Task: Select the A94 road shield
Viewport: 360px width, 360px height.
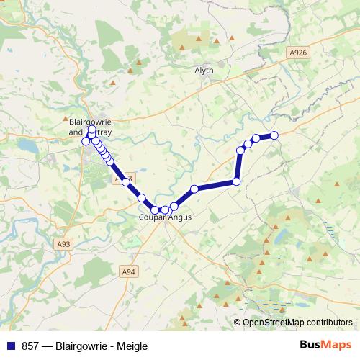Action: [x=128, y=271]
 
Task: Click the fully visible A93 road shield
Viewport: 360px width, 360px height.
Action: [x=64, y=246]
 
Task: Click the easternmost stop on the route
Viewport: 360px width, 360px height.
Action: [x=274, y=135]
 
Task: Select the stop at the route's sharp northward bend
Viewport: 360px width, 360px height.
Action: [x=236, y=181]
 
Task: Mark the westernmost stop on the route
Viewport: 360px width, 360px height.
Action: [x=86, y=141]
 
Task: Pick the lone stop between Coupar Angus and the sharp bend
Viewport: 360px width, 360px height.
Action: [x=194, y=189]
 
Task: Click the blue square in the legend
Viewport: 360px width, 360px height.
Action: [x=11, y=345]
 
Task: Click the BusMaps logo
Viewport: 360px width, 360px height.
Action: [x=325, y=345]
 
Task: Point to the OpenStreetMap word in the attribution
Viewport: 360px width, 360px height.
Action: [x=274, y=323]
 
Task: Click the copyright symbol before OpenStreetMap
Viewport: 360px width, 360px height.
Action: [x=238, y=323]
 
